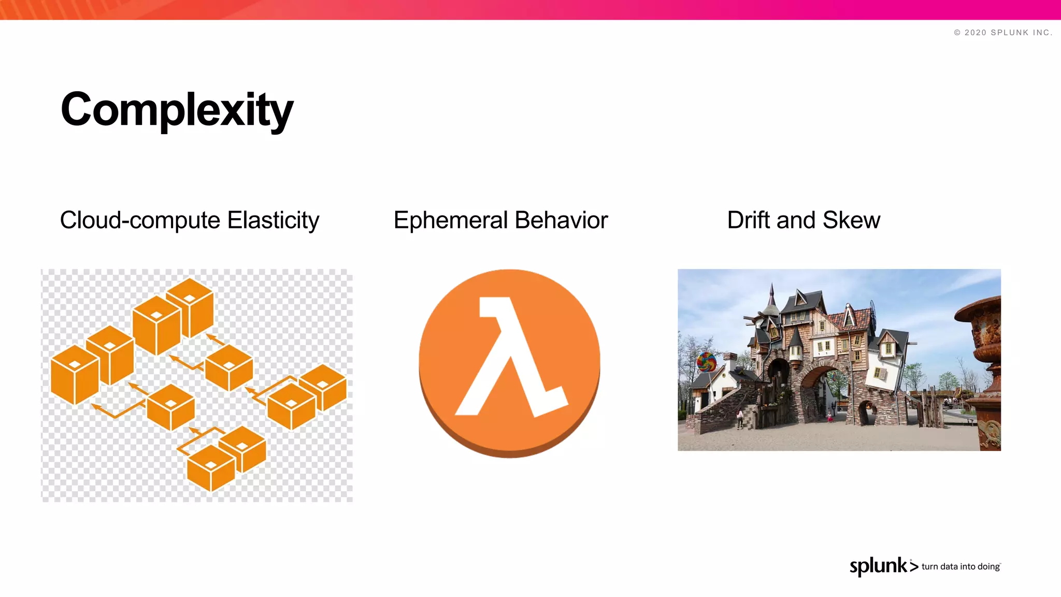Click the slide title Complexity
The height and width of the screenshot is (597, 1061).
tap(177, 110)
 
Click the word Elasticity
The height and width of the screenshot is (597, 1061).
tap(273, 220)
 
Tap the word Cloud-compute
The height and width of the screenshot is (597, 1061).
tap(140, 220)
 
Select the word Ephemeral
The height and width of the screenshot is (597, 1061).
tap(450, 220)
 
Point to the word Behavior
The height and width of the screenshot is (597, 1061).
tap(561, 220)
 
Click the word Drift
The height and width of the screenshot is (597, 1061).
tap(748, 220)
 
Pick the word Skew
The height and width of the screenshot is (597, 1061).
tap(851, 220)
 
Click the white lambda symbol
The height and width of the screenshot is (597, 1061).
tap(510, 358)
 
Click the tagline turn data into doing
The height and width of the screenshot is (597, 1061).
tap(960, 566)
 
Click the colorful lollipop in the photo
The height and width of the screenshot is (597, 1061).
tap(706, 361)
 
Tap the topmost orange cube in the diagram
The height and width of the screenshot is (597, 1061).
tap(190, 306)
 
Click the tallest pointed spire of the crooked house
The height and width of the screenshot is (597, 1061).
tap(772, 295)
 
